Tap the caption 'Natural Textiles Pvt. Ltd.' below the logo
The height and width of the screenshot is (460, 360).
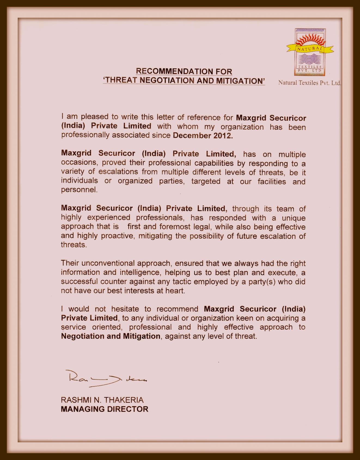[x=309, y=83]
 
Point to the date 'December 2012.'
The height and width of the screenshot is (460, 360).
[x=203, y=136]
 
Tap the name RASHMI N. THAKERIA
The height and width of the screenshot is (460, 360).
[x=102, y=400]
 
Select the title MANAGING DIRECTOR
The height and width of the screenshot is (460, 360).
[x=105, y=409]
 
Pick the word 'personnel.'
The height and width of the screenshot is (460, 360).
[x=79, y=190]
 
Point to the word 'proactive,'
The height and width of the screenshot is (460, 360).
[x=118, y=236]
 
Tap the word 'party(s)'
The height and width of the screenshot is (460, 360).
[x=261, y=281]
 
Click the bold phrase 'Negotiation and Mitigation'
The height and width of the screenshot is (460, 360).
[x=111, y=336]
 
